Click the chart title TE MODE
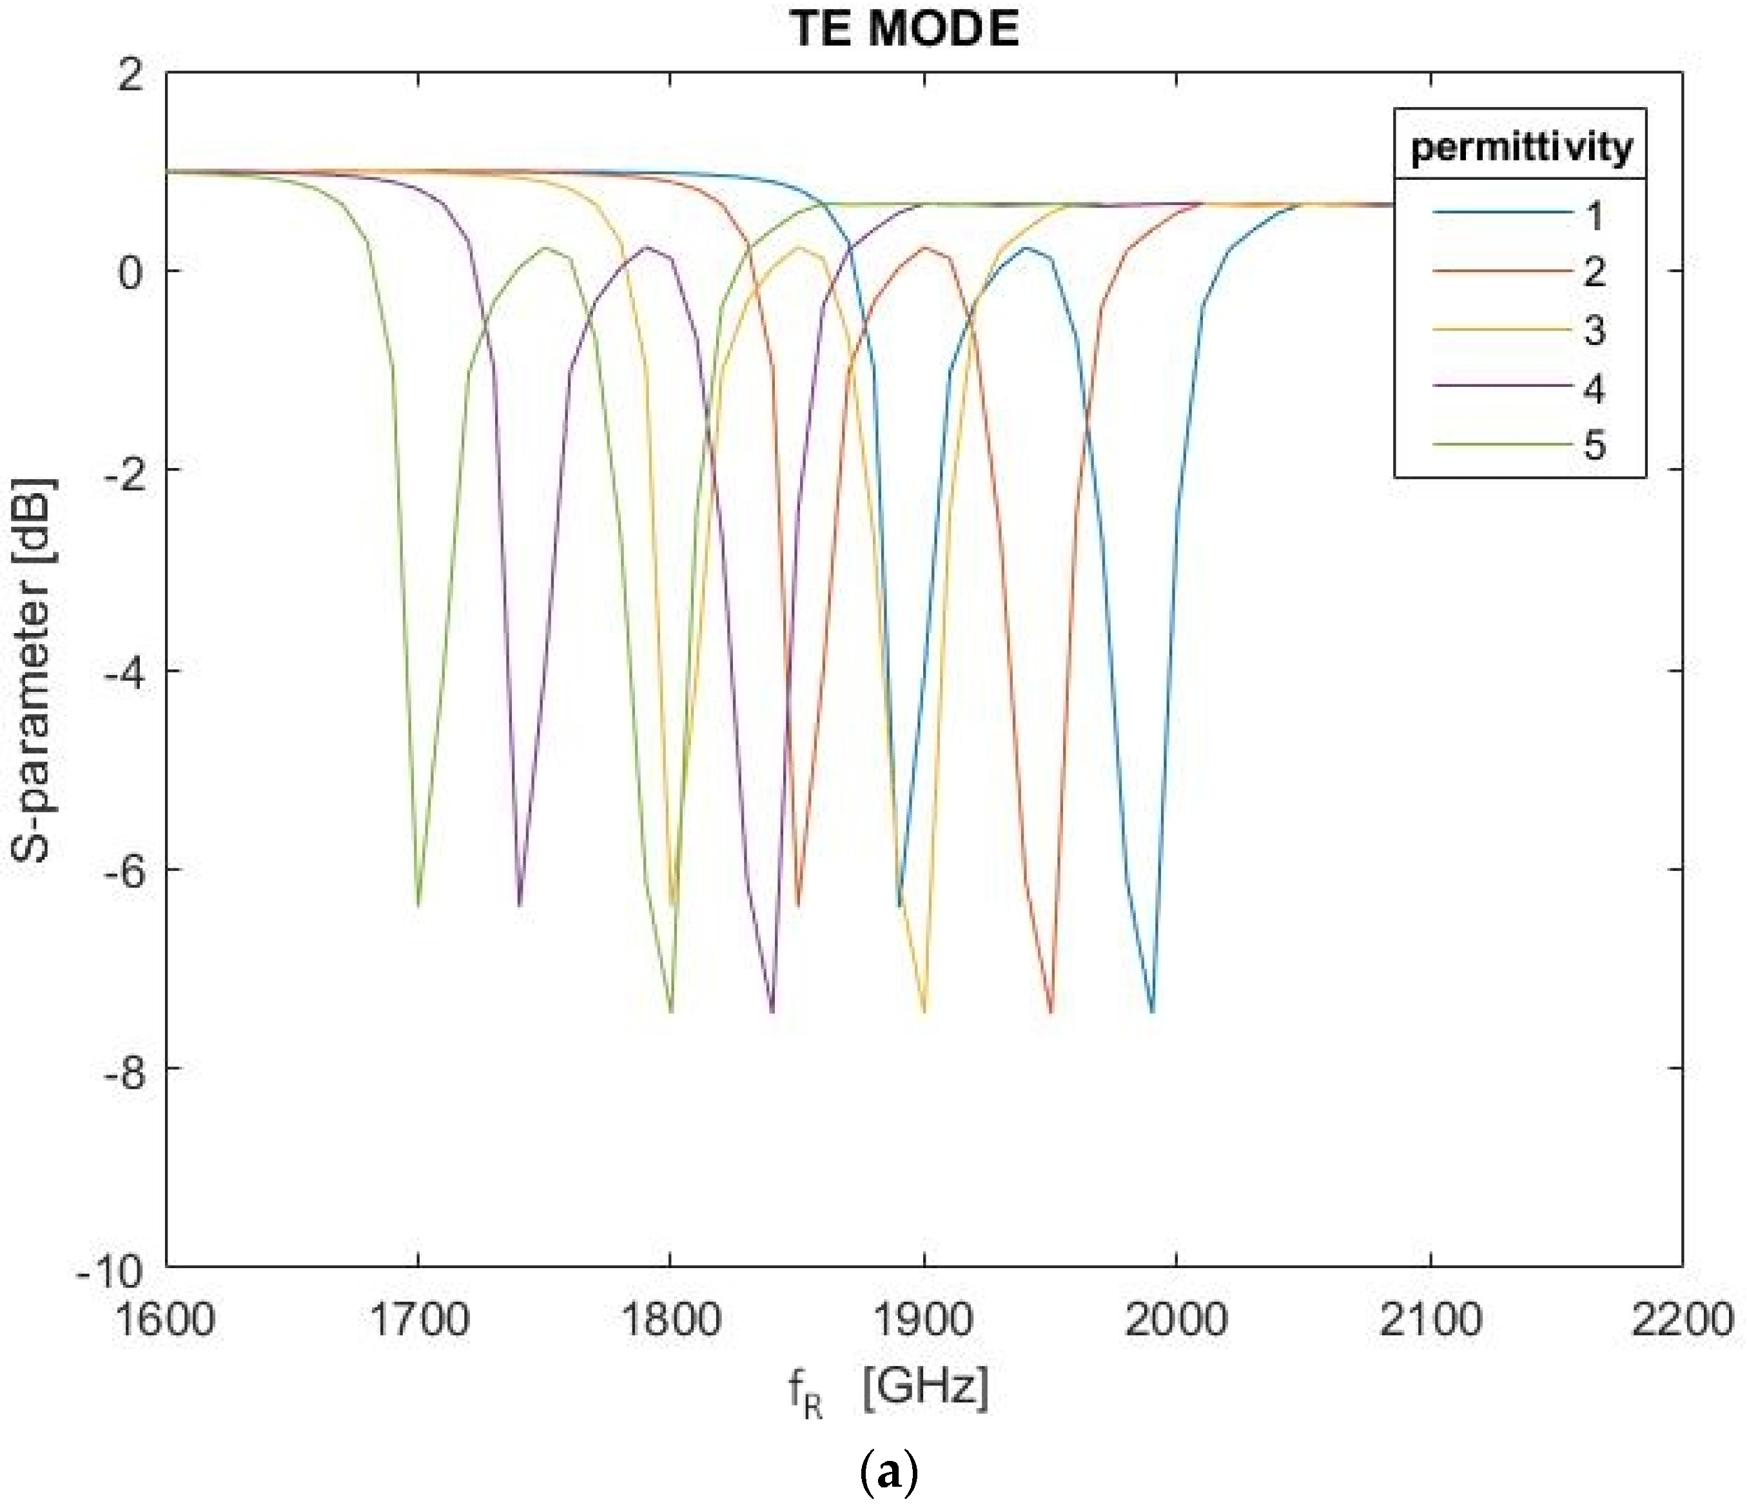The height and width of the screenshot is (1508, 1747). pos(904,30)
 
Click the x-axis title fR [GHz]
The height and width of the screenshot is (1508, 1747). pos(889,1390)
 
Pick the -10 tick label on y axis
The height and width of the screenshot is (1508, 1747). pos(110,1269)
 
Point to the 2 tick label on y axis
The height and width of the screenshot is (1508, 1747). pos(131,77)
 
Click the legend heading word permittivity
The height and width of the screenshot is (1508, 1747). pos(1521,148)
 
